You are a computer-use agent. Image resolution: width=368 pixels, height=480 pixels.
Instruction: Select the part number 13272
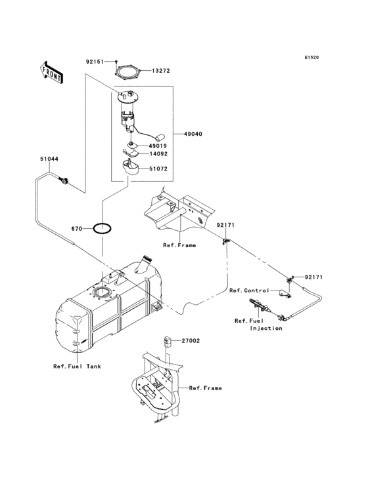(162, 71)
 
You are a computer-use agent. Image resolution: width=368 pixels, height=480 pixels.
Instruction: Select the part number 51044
(49, 159)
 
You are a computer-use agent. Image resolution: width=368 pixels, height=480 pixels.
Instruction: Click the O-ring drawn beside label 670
(102, 229)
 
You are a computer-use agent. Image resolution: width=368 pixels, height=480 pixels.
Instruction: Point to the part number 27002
(191, 341)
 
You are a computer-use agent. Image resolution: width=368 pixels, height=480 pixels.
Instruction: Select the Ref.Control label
(248, 290)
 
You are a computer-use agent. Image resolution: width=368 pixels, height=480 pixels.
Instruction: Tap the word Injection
(265, 328)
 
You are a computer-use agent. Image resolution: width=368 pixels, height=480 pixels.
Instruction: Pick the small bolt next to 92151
(114, 61)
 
